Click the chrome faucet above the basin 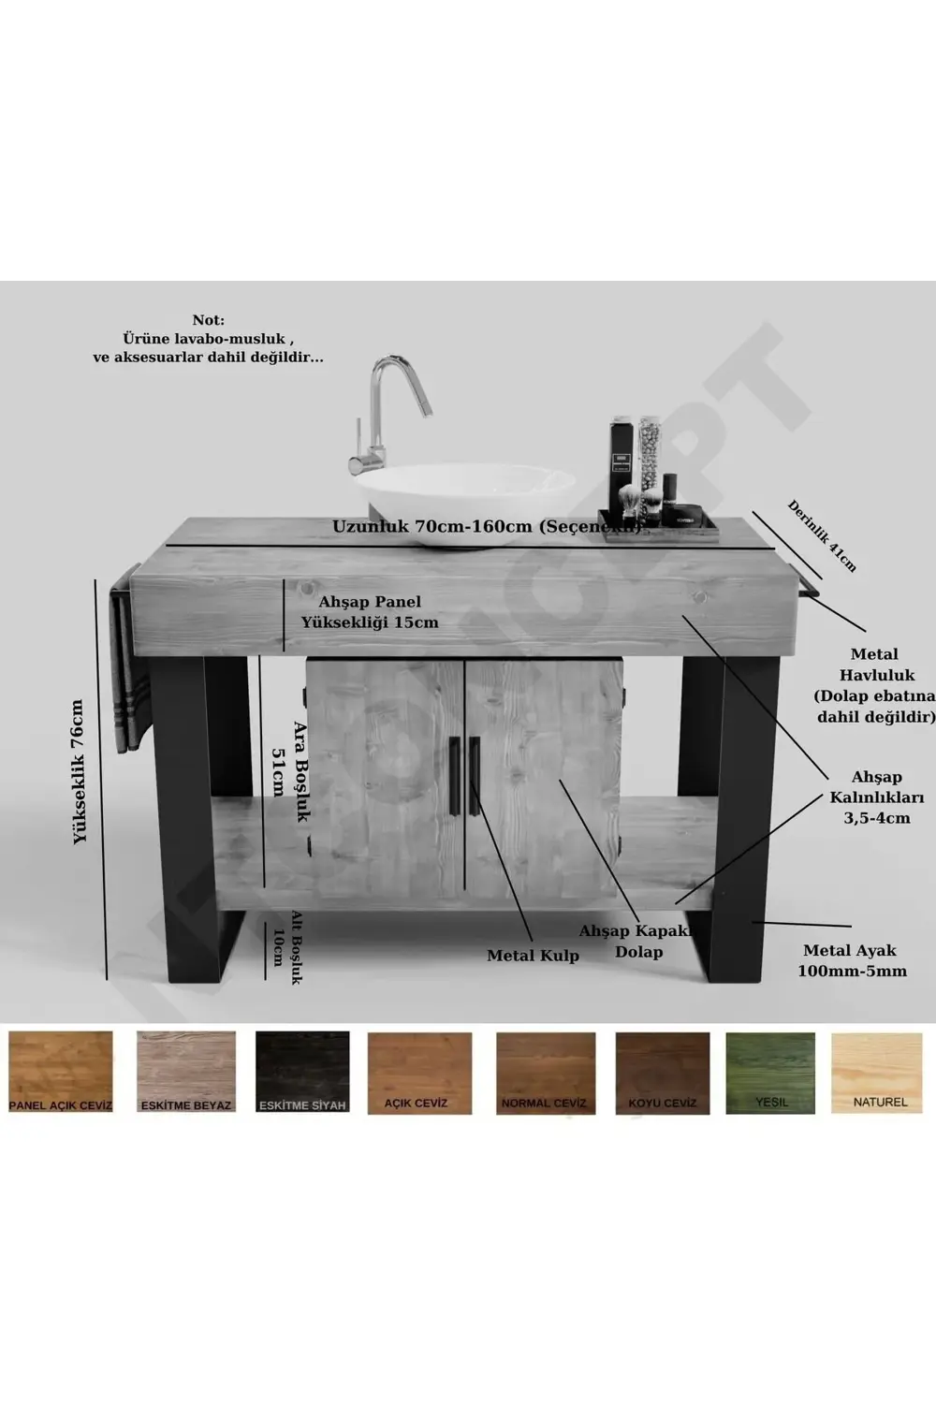point(384,402)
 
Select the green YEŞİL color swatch point(770,1072)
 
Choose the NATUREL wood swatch point(877,1072)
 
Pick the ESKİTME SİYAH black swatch point(302,1072)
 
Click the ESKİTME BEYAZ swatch point(186,1072)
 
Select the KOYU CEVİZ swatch point(663,1072)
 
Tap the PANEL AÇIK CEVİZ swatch point(61,1072)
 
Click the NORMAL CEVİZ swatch point(545,1072)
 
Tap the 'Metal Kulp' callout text point(533,956)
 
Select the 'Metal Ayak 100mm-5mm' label point(851,961)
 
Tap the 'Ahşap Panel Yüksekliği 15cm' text point(370,611)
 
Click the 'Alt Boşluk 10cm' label point(286,945)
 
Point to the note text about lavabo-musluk point(208,339)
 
